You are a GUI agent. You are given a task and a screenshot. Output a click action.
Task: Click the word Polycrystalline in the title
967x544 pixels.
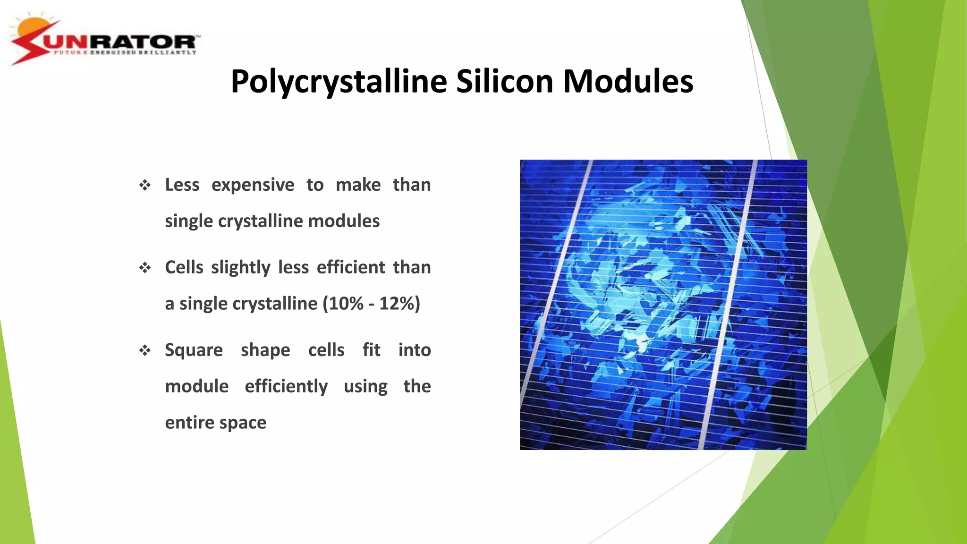tap(338, 82)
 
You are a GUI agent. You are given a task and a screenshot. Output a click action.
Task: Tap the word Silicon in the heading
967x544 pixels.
tap(504, 82)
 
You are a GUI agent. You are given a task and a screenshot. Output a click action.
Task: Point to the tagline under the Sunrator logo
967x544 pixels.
tap(125, 52)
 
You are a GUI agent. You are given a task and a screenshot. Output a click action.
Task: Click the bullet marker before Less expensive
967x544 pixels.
tap(145, 185)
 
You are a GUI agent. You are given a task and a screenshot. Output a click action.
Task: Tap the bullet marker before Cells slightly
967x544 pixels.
tap(145, 268)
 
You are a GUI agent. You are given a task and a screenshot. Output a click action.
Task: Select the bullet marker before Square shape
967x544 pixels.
tap(145, 350)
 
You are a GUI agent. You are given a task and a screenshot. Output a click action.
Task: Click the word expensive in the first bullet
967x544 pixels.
tap(253, 185)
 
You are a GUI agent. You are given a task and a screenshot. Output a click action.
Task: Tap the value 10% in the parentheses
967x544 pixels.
tap(346, 304)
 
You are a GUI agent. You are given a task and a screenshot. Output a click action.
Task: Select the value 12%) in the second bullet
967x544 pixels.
tap(399, 304)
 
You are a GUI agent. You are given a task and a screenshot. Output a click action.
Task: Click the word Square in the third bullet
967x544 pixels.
tap(194, 350)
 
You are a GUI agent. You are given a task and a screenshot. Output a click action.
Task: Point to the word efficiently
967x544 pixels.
tap(286, 386)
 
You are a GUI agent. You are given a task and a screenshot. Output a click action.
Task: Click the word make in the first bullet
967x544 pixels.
tap(358, 185)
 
